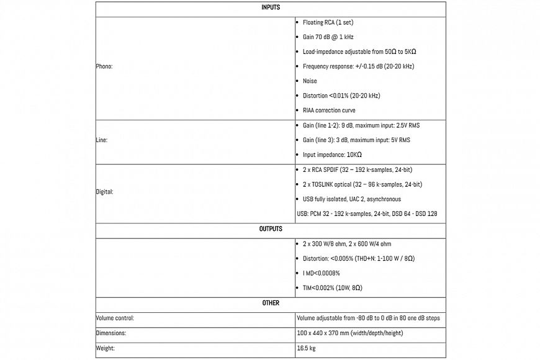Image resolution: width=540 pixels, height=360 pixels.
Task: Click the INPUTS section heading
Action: [x=270, y=7]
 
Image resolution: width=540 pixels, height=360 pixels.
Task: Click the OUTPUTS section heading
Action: [x=270, y=229]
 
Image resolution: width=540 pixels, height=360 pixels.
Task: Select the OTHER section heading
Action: [x=270, y=303]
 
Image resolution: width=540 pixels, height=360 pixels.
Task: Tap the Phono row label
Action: [x=104, y=66]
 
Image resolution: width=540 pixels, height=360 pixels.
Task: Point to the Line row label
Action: [x=102, y=140]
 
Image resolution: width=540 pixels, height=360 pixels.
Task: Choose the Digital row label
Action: [x=104, y=192]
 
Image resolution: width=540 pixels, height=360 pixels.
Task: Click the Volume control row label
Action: [x=115, y=318]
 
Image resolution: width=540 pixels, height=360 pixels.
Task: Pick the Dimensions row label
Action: [x=110, y=333]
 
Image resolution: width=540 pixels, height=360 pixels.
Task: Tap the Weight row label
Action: [x=105, y=348]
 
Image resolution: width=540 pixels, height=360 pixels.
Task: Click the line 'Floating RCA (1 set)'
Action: [x=328, y=22]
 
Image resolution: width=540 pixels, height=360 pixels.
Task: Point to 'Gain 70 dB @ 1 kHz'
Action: [x=328, y=37]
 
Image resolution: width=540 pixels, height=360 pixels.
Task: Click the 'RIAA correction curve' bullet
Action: [x=329, y=110]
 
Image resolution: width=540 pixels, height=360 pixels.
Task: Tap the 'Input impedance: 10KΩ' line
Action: [x=332, y=155]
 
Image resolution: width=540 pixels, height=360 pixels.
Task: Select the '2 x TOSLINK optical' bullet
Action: [x=362, y=184]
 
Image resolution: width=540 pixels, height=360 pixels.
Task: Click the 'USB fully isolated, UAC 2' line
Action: [x=351, y=199]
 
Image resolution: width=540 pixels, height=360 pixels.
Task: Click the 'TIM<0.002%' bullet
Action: [x=332, y=288]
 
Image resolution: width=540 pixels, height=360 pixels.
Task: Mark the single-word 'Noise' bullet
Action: [x=310, y=81]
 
